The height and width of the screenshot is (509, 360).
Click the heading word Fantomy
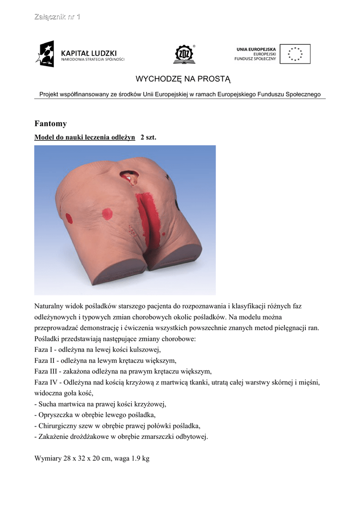pyautogui.click(x=50, y=124)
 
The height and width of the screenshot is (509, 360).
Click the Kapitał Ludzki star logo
pyautogui.click(x=45, y=54)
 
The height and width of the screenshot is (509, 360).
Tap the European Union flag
pyautogui.click(x=295, y=54)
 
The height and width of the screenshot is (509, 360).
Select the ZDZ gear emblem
pyautogui.click(x=184, y=54)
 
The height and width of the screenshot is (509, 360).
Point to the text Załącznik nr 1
pyautogui.click(x=57, y=17)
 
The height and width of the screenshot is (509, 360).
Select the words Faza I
pyautogui.click(x=44, y=349)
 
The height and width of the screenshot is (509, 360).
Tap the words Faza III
pyautogui.click(x=46, y=371)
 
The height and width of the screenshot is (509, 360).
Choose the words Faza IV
pyautogui.click(x=46, y=382)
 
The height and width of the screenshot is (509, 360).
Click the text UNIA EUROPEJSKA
pyautogui.click(x=256, y=49)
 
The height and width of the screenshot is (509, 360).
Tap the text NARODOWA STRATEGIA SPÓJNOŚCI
pyautogui.click(x=92, y=60)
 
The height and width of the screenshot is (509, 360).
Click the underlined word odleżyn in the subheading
pyautogui.click(x=122, y=137)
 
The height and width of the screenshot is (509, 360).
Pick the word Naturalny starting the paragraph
pyautogui.click(x=49, y=306)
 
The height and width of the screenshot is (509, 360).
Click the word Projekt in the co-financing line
pyautogui.click(x=49, y=94)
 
